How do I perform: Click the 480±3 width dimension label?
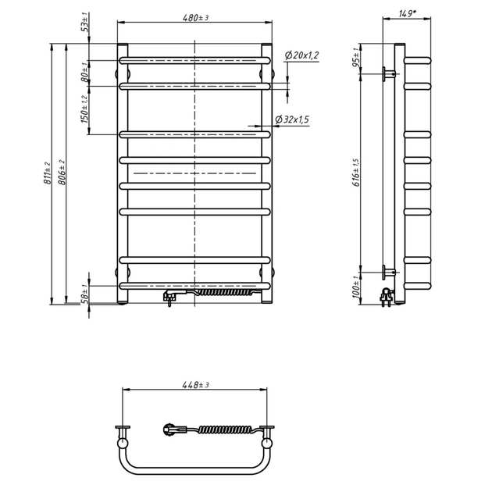coord(195,17)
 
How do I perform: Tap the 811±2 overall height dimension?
coord(47,173)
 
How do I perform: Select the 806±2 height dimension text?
coord(62,173)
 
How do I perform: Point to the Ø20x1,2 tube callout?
coord(301,55)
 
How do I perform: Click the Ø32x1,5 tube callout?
coord(292,119)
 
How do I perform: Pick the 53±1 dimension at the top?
coord(85,22)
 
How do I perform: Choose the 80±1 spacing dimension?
coord(85,72)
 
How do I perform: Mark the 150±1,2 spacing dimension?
coord(85,109)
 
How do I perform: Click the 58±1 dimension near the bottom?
coord(85,294)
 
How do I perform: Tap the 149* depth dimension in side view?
coord(408,14)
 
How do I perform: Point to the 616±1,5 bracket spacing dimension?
coord(357,173)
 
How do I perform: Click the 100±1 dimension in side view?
coord(356,287)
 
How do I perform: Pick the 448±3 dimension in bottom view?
coord(195,385)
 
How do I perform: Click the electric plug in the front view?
coord(171,298)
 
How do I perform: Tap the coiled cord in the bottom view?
coord(225,430)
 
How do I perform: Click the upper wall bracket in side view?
coord(390,74)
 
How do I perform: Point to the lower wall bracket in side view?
coord(389,273)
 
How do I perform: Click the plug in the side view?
coord(387,297)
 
